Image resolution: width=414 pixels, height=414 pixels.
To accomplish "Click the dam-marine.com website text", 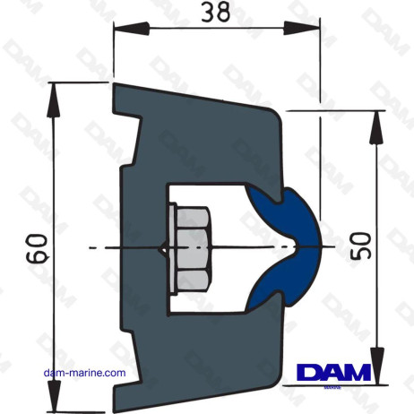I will coord(88,374).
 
